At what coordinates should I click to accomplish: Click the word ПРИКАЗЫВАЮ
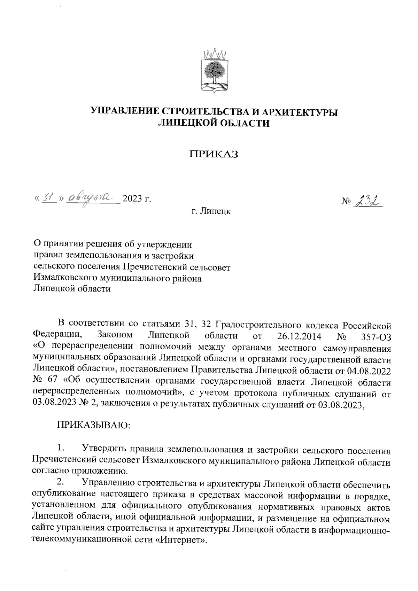(94, 426)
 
